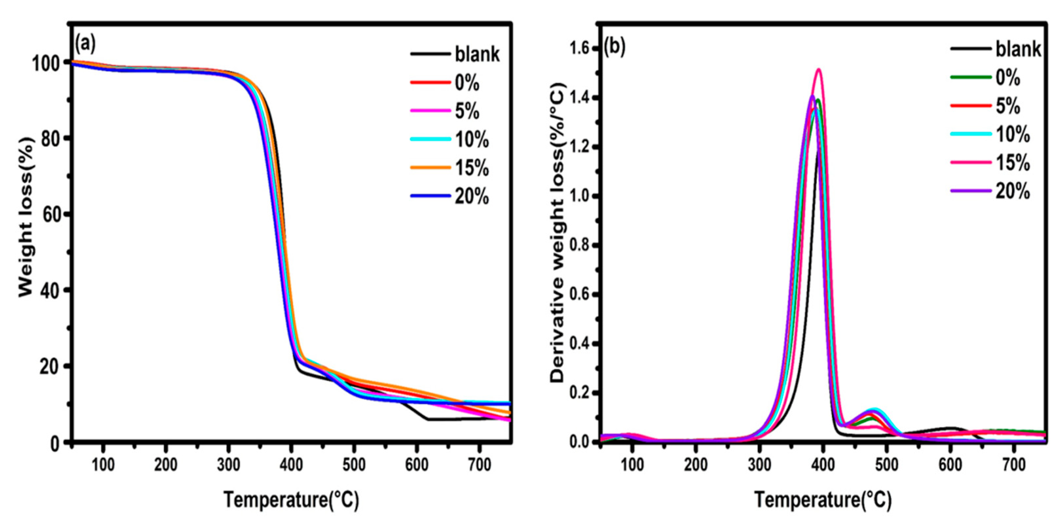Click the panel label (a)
coord(85,44)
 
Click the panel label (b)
coord(615,47)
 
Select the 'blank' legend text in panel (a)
coord(477,54)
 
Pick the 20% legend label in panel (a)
coord(472,196)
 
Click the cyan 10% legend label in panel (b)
coord(1012,134)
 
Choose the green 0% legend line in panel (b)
coord(971,77)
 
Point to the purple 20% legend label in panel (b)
coord(1012,192)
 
